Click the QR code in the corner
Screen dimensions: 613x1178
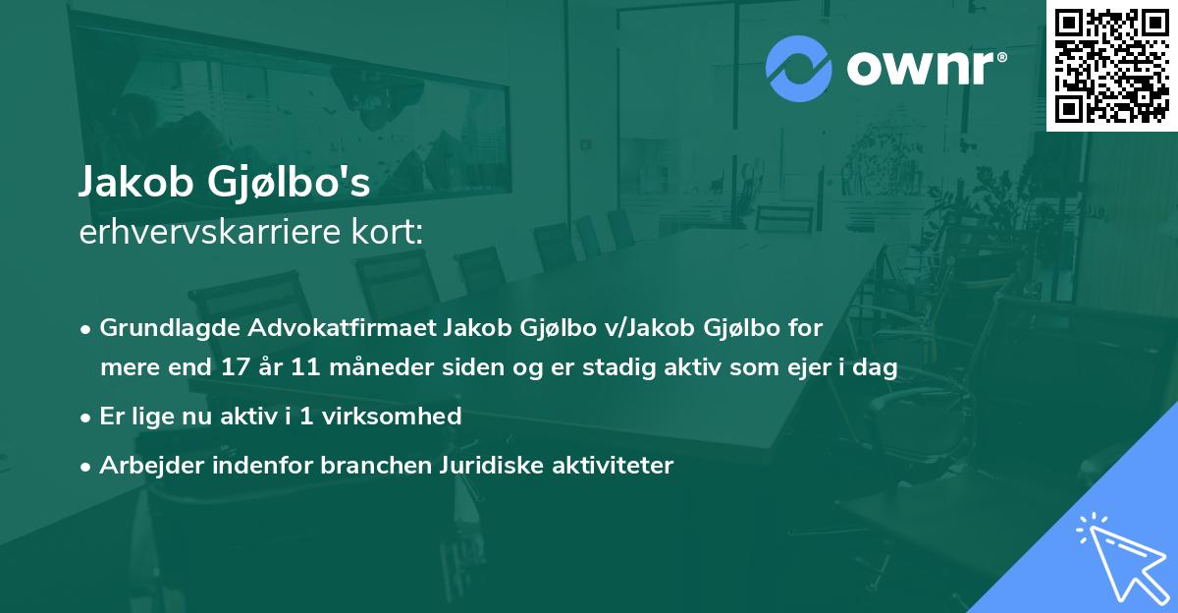pyautogui.click(x=1111, y=65)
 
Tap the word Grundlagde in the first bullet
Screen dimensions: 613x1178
pyautogui.click(x=160, y=327)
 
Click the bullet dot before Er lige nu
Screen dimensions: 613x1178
pyautogui.click(x=87, y=417)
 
